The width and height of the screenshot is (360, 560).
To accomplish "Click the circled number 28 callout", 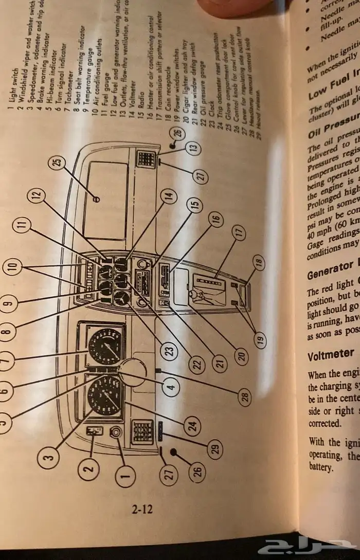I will pos(245,396).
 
